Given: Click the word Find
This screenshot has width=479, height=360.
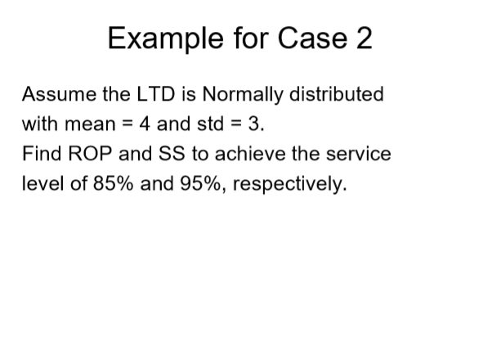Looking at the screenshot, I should pos(41,154).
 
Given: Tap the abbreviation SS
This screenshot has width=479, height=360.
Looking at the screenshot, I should pos(161,154).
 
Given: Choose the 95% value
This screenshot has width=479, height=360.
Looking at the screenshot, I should pos(199,184).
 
